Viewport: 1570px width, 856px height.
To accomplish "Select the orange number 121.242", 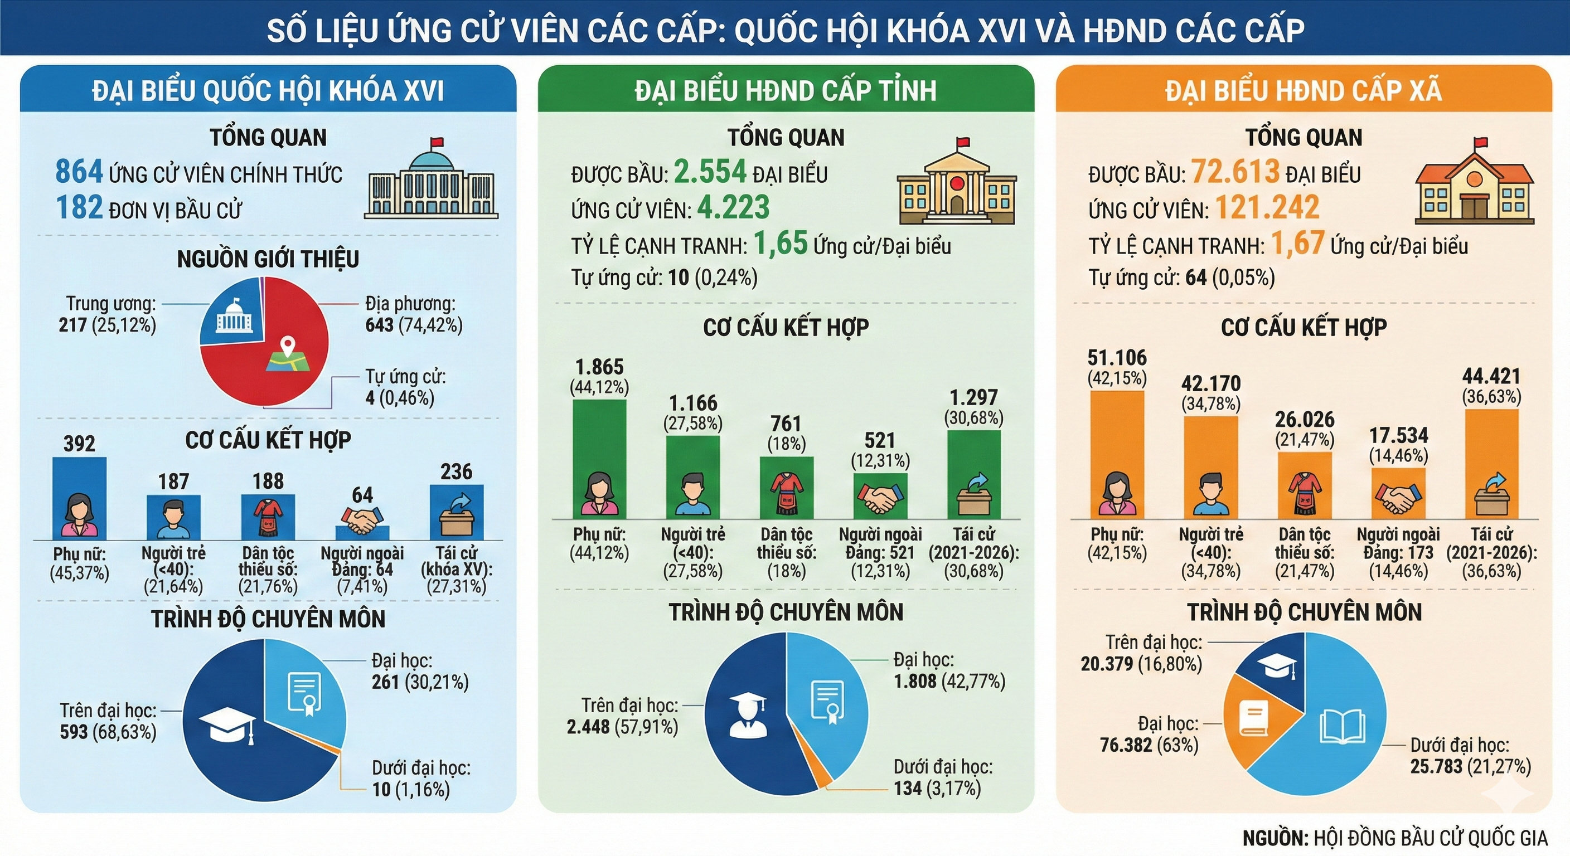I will (x=1267, y=207).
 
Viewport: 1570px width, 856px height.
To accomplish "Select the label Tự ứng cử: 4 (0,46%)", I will (x=405, y=387).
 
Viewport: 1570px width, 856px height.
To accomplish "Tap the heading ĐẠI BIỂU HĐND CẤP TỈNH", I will (x=785, y=90).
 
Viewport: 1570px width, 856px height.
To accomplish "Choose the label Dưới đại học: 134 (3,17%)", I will (x=942, y=777).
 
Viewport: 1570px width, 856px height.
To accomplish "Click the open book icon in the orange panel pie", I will (x=1342, y=727).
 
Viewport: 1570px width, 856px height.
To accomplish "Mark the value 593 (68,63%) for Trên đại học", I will (x=108, y=732).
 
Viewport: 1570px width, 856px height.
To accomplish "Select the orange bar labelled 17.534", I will (x=1398, y=494).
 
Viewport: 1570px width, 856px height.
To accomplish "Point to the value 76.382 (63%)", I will (x=1149, y=745).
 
